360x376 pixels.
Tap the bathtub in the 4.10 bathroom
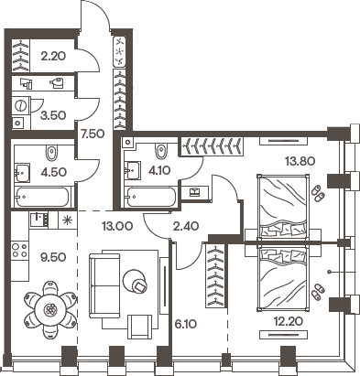click(152, 196)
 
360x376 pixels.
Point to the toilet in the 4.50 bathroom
click(53, 152)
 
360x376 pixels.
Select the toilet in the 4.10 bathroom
click(162, 150)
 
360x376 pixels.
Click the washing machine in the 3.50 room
click(20, 124)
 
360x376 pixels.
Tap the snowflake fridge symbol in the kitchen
click(65, 220)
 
